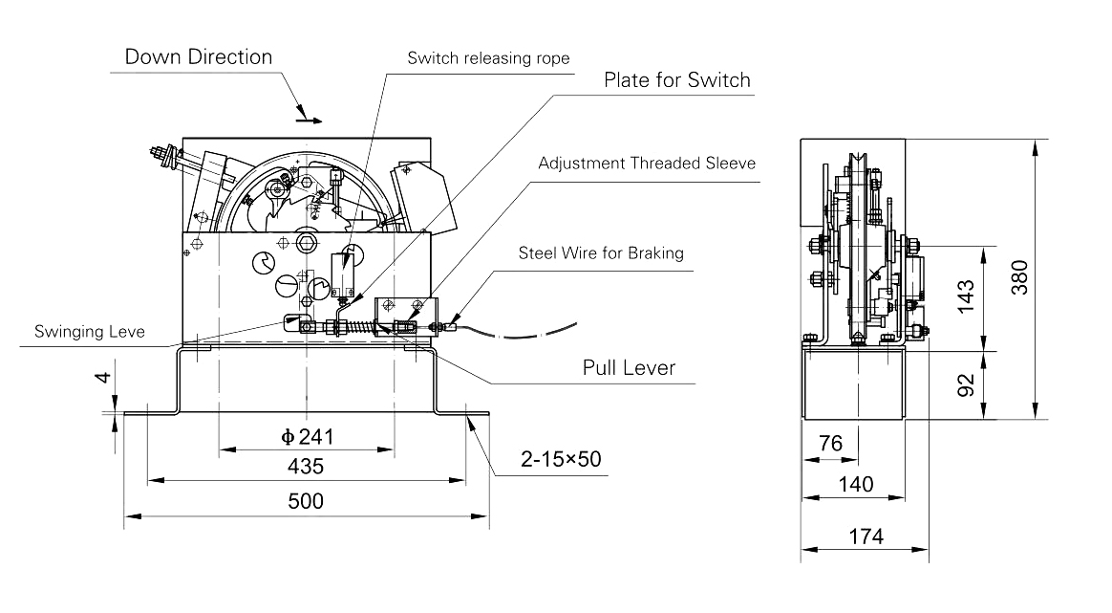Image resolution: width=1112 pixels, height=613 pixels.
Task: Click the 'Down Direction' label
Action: coord(199,56)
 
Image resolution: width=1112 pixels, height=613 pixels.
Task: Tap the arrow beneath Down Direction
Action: coord(308,120)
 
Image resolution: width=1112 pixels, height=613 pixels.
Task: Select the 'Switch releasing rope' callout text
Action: coord(488,58)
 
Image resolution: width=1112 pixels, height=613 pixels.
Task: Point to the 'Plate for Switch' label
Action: coord(676,80)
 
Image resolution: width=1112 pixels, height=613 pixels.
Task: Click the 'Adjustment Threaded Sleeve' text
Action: coord(647,163)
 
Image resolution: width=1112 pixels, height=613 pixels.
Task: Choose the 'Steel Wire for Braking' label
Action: coord(601,253)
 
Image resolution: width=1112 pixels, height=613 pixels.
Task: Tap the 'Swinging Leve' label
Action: coord(90,333)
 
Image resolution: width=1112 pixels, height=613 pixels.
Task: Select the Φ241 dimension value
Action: coord(306,437)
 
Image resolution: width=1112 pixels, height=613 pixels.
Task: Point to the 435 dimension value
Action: coord(306,467)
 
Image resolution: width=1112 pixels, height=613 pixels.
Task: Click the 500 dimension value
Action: coord(306,501)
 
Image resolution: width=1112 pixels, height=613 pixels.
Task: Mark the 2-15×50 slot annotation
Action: coord(561,460)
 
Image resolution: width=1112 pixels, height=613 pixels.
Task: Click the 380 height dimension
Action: coord(1018,277)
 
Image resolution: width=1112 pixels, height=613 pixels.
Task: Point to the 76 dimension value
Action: coord(830,444)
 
